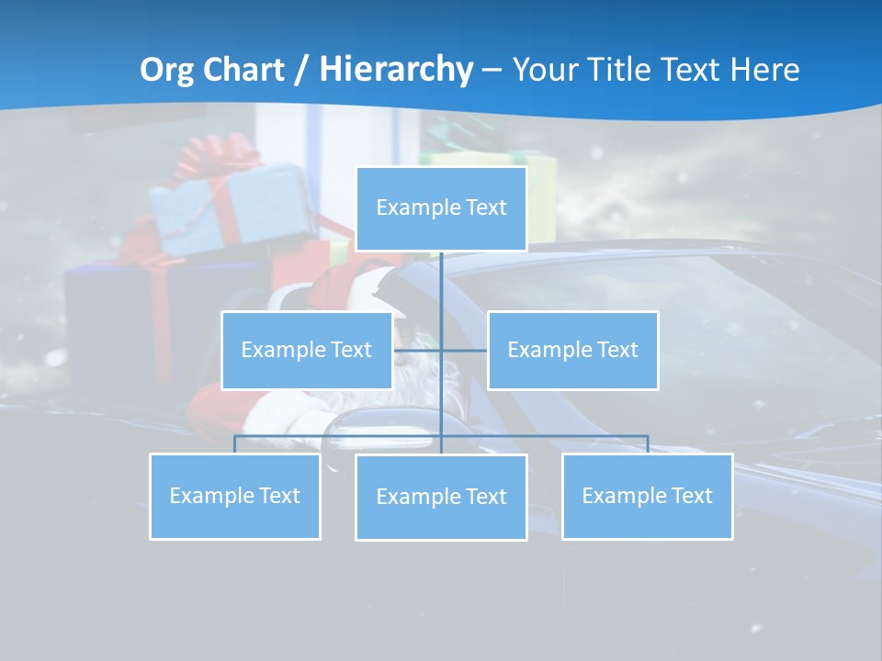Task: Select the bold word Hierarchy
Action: click(x=396, y=70)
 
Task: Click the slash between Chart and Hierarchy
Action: click(x=301, y=71)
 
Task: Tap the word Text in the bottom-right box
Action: click(x=691, y=496)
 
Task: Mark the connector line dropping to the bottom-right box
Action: click(x=648, y=444)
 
